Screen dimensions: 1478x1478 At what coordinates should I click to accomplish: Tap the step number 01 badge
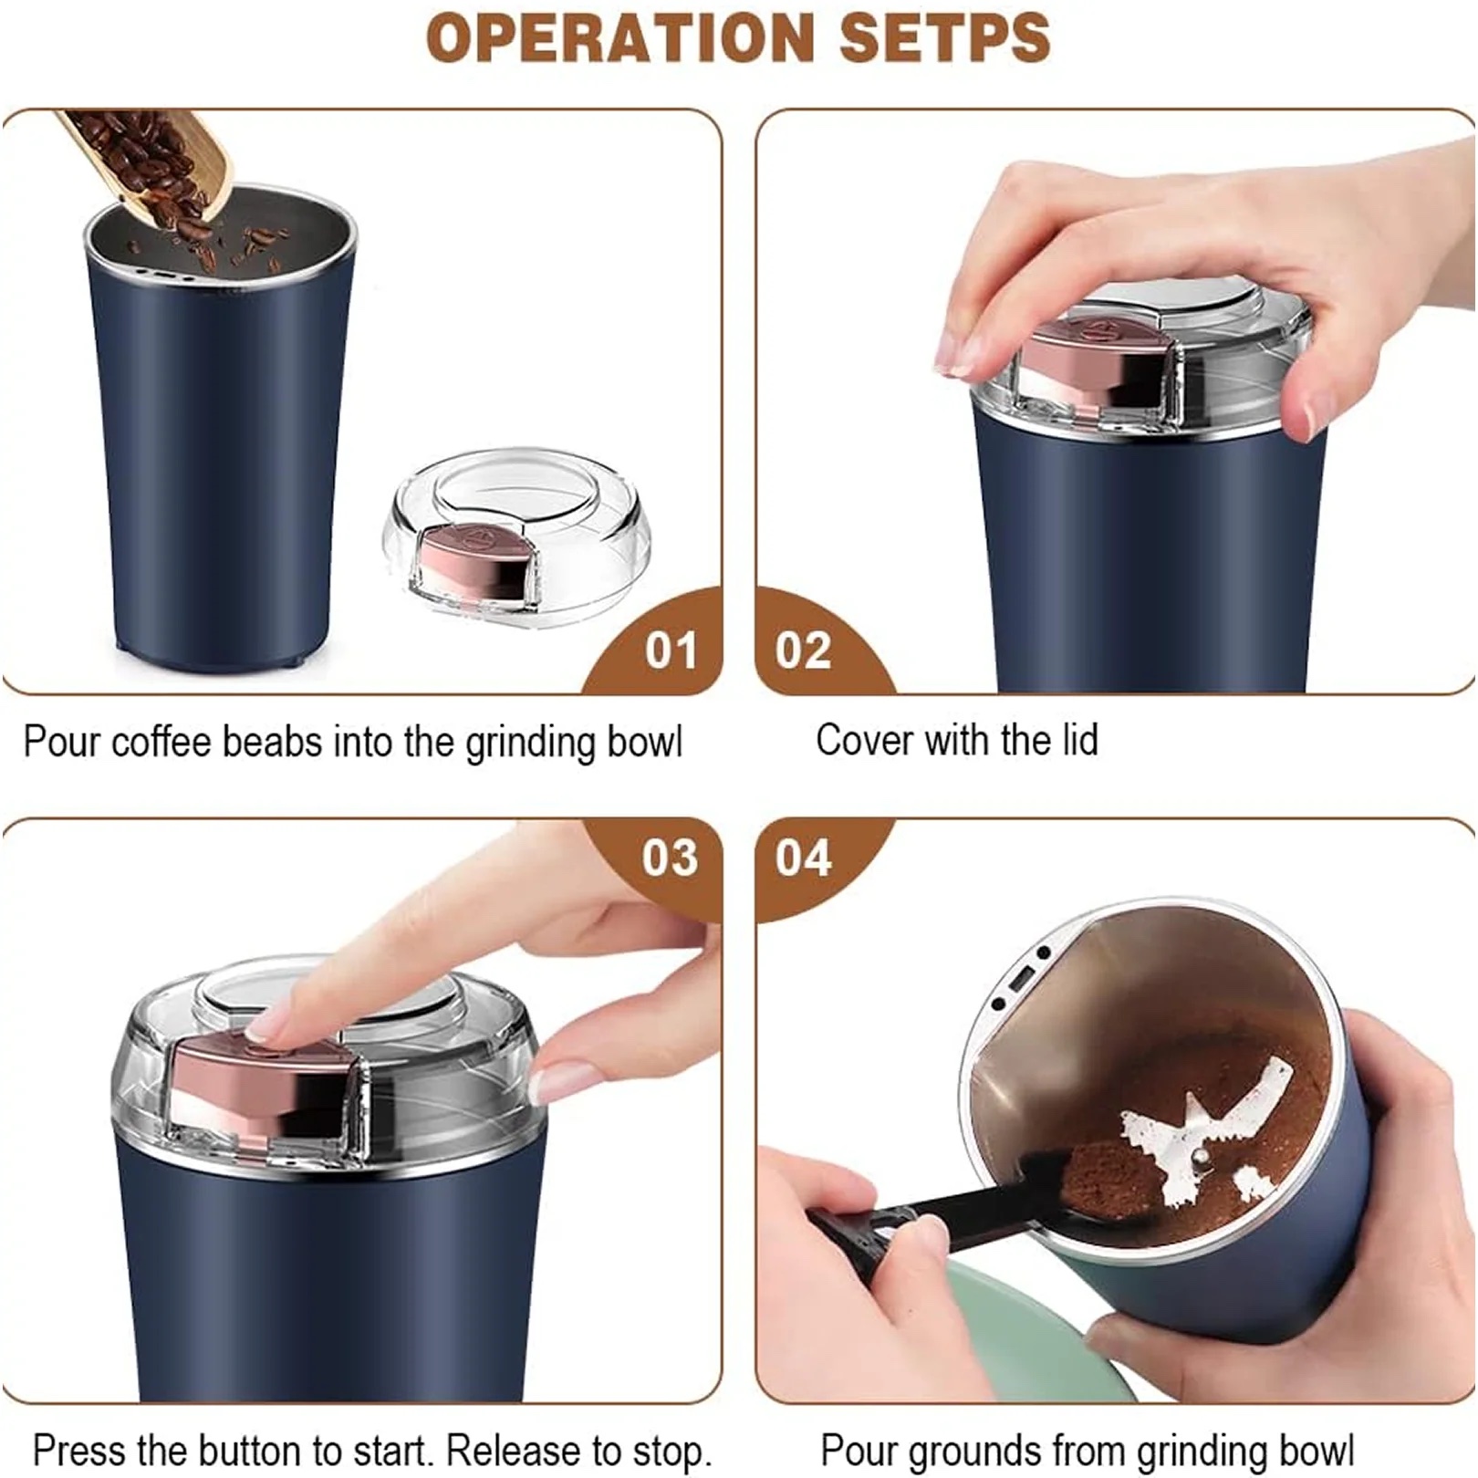click(671, 651)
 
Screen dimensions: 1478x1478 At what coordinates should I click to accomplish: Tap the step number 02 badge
click(803, 651)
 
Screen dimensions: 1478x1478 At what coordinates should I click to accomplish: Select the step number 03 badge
click(670, 858)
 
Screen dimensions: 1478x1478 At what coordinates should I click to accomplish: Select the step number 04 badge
click(803, 858)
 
